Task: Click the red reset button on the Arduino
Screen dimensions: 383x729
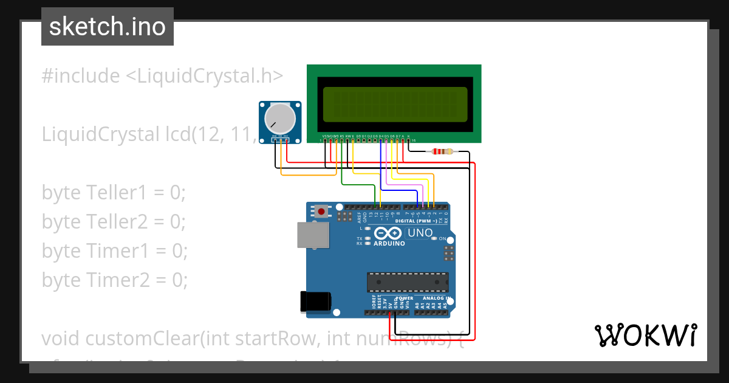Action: (x=321, y=212)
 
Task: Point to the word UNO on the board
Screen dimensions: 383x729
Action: (x=420, y=233)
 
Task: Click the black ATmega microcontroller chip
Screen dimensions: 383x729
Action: (x=407, y=282)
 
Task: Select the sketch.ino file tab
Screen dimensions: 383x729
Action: (x=108, y=27)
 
